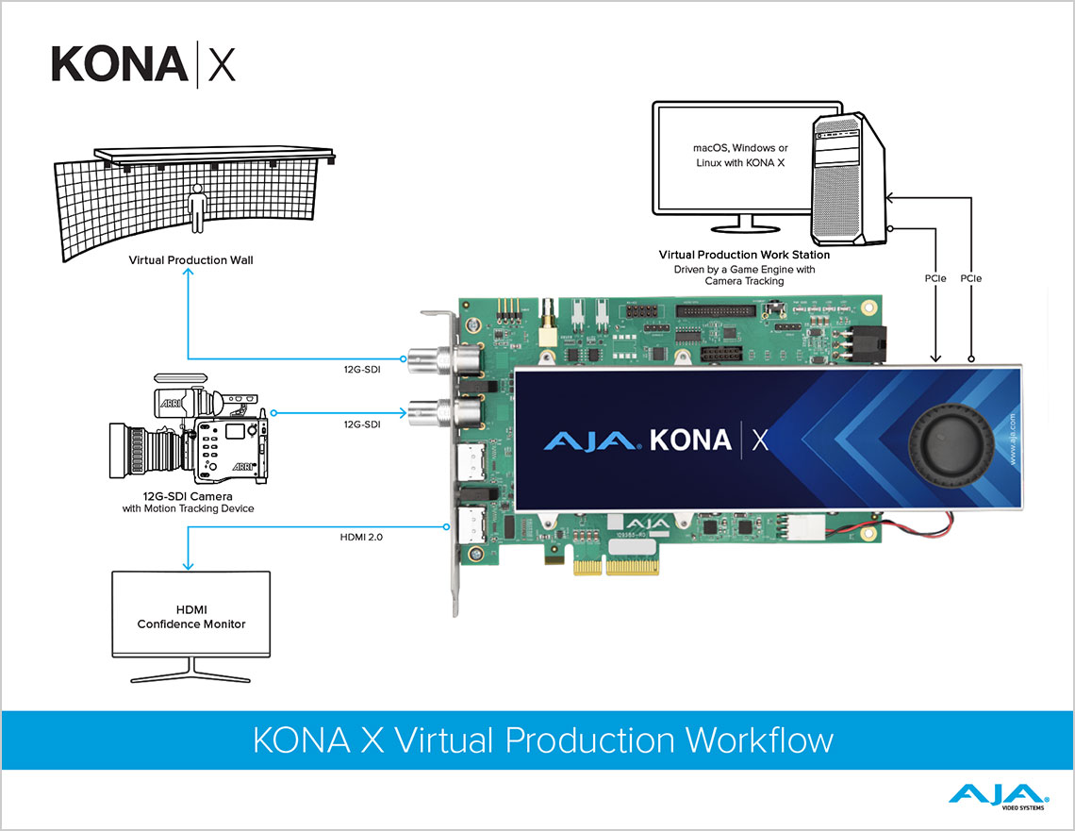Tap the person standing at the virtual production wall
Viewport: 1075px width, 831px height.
point(197,207)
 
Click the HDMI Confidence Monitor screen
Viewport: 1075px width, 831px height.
point(191,615)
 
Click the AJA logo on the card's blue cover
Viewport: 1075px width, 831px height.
point(592,440)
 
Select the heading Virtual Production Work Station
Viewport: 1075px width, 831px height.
point(745,255)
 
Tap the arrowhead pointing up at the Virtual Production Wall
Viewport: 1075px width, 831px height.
point(190,271)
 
